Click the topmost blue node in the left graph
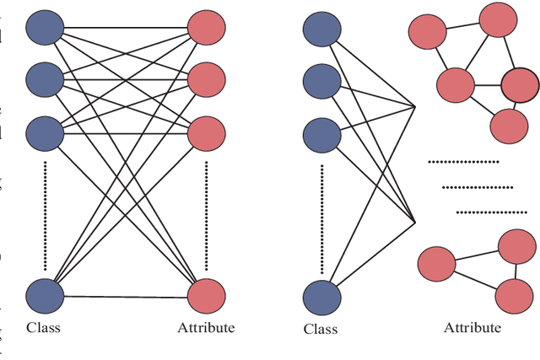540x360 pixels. (x=44, y=30)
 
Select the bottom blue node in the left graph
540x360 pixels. (x=44, y=295)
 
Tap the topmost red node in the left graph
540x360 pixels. (x=207, y=30)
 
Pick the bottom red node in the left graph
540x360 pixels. (x=207, y=295)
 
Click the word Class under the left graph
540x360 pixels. (x=42, y=327)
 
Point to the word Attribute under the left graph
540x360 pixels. (x=206, y=327)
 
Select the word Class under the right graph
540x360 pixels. (x=320, y=328)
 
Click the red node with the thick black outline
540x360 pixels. (x=519, y=84)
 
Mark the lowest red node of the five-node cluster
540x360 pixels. (x=509, y=126)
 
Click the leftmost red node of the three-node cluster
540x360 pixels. (x=436, y=262)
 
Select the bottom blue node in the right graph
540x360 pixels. (x=321, y=296)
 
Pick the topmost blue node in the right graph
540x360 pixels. (x=321, y=30)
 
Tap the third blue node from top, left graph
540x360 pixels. (x=44, y=132)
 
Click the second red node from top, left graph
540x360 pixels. (x=207, y=81)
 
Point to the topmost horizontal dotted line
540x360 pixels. (x=463, y=161)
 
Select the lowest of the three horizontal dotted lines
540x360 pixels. (x=489, y=212)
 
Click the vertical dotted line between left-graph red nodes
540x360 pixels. (x=207, y=214)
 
